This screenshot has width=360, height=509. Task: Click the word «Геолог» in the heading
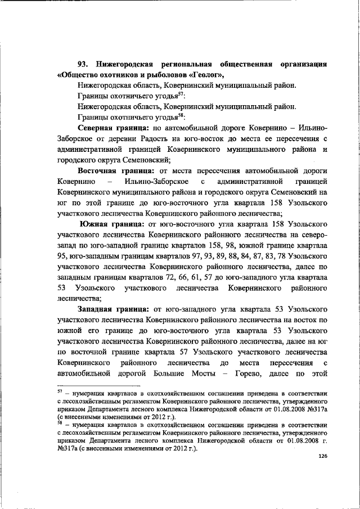pyautogui.click(x=207, y=75)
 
